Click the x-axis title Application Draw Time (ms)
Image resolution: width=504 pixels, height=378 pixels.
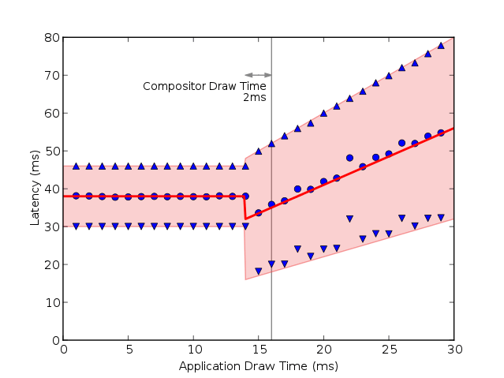click(x=258, y=365)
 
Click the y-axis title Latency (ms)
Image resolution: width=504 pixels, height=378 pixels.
click(x=35, y=189)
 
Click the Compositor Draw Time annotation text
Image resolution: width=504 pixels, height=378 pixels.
click(x=204, y=86)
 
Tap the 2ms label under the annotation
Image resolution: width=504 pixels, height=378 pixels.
click(x=254, y=98)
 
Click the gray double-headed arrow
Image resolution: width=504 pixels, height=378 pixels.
click(x=258, y=75)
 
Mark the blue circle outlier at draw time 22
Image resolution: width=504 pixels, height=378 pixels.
click(x=349, y=158)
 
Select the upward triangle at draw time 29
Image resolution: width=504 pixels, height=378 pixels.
click(x=440, y=45)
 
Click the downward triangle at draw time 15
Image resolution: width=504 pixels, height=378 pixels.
click(x=258, y=271)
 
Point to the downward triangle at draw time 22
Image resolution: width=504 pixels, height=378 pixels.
click(x=349, y=219)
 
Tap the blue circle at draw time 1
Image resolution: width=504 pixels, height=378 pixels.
click(x=77, y=196)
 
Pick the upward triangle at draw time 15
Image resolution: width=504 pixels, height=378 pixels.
click(x=258, y=150)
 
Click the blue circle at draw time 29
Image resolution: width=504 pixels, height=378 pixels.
click(x=440, y=133)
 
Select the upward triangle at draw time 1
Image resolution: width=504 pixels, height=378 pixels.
click(x=77, y=166)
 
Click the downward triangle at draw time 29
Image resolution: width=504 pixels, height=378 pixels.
click(x=440, y=218)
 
